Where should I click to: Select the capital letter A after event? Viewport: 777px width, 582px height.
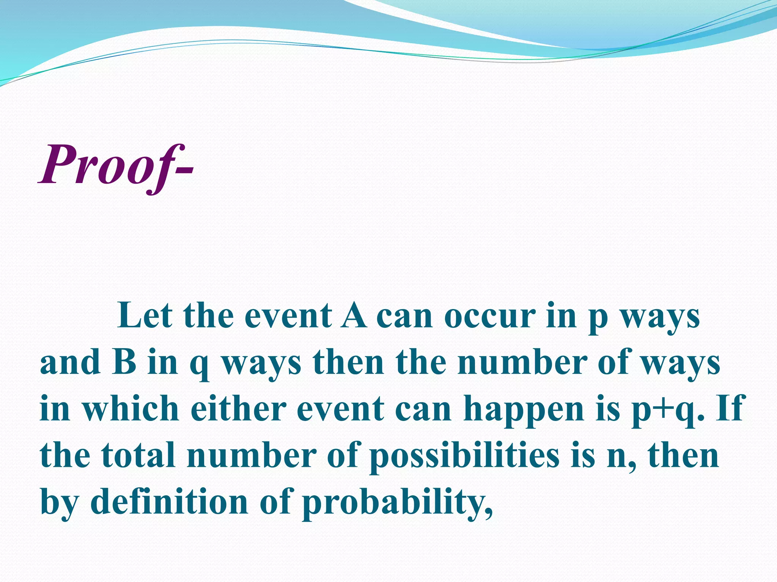pyautogui.click(x=354, y=315)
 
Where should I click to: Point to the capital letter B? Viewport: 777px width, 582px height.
pyautogui.click(x=124, y=361)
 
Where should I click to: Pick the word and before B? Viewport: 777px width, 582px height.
pyautogui.click(x=71, y=361)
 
